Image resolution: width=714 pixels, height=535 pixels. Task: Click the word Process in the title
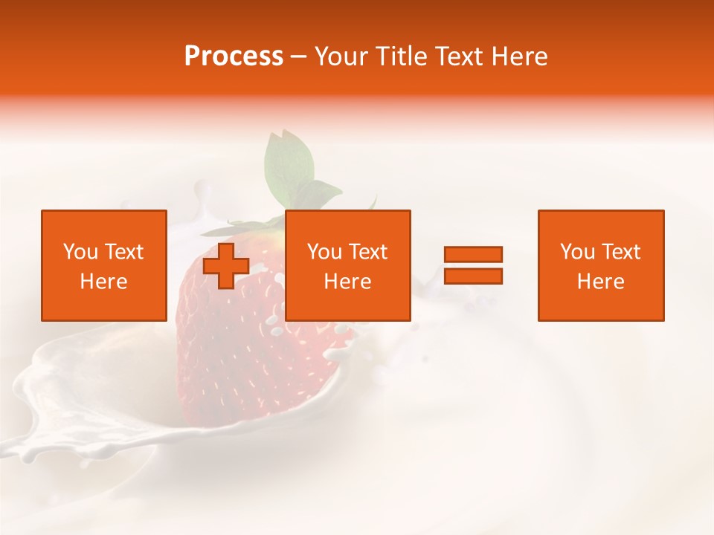pyautogui.click(x=234, y=56)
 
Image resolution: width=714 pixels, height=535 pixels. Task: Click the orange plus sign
pyautogui.click(x=225, y=266)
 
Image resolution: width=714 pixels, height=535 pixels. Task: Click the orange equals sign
pyautogui.click(x=473, y=265)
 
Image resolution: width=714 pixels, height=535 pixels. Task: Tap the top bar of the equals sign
pyautogui.click(x=473, y=255)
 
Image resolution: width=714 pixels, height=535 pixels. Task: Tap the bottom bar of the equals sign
pyautogui.click(x=473, y=276)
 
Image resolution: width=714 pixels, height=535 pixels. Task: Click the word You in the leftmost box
pyautogui.click(x=80, y=252)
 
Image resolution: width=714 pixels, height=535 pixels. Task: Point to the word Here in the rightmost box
pyautogui.click(x=600, y=282)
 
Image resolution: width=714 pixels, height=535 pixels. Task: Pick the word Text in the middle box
pyautogui.click(x=367, y=252)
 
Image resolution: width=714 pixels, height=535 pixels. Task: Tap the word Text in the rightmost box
pyautogui.click(x=620, y=252)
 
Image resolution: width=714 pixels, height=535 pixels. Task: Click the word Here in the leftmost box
pyautogui.click(x=103, y=282)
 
